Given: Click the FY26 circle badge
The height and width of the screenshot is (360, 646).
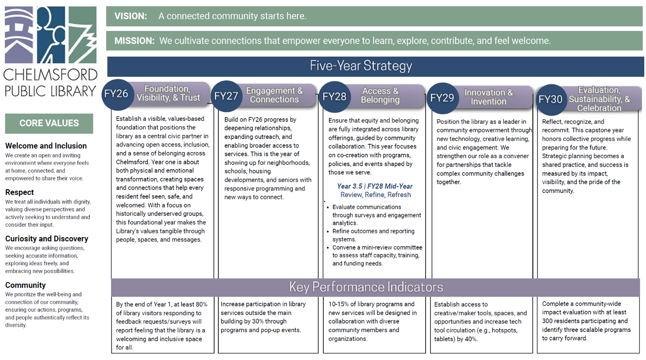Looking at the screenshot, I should [116, 94].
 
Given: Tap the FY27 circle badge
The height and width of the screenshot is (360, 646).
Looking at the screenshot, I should [226, 96].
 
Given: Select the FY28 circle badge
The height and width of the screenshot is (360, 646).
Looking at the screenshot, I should [334, 97].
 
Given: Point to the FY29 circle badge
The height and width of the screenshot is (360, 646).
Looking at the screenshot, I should [442, 98].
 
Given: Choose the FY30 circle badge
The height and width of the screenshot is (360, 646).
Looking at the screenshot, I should [550, 99].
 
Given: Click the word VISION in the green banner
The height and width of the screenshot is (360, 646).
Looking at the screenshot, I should [131, 16].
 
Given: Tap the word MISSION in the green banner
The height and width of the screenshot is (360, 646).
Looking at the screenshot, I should [134, 41].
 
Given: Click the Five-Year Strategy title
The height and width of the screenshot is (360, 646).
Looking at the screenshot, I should [361, 66].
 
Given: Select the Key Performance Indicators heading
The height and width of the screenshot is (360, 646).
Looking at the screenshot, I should [366, 287].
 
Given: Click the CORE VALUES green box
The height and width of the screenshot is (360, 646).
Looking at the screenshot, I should [49, 123].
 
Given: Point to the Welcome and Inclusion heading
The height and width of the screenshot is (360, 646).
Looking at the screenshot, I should [46, 146].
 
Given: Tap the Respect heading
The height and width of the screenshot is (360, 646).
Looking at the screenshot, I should [19, 192].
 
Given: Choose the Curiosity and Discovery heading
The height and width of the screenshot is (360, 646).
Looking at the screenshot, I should [47, 239].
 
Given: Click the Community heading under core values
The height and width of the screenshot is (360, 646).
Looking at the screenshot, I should [25, 285].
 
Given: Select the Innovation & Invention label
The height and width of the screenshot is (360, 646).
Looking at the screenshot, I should [488, 97].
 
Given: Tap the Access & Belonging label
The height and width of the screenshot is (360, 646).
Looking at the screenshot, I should [380, 95].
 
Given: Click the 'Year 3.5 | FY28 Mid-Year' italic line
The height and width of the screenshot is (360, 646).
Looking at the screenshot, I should [375, 186].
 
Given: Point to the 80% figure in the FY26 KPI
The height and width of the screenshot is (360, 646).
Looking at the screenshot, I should [201, 304].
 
